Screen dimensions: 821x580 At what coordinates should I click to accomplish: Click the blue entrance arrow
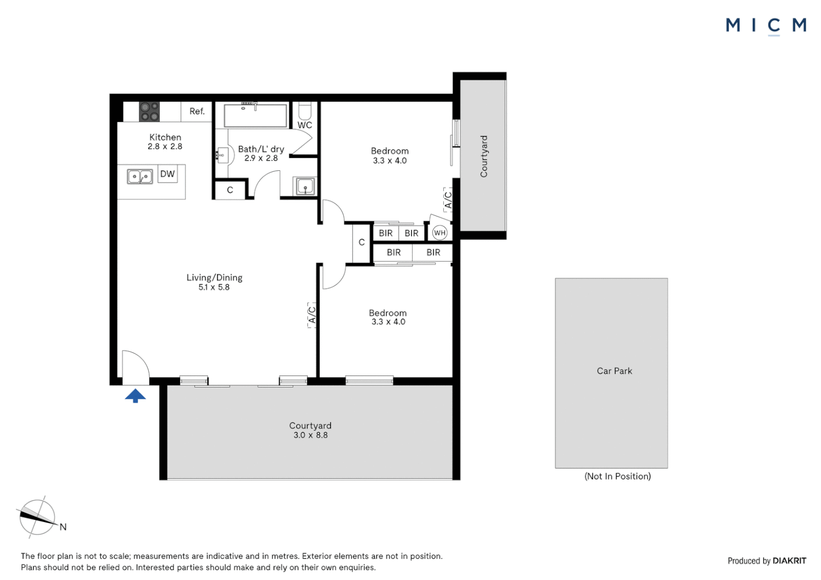click(135, 396)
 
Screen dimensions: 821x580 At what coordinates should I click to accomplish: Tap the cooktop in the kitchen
click(149, 111)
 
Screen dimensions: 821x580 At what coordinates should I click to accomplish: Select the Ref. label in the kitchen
click(197, 111)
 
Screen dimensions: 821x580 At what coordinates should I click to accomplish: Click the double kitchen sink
click(140, 176)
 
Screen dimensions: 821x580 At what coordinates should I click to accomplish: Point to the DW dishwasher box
click(168, 173)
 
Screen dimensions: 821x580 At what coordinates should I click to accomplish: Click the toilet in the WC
click(305, 110)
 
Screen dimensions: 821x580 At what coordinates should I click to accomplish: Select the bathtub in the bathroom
click(255, 116)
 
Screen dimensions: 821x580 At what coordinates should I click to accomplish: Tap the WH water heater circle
click(440, 233)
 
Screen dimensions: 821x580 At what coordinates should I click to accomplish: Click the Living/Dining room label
click(214, 278)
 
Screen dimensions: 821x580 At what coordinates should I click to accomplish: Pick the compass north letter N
click(63, 527)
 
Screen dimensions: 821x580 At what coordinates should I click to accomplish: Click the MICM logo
click(766, 26)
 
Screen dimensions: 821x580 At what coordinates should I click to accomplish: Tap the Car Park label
click(614, 371)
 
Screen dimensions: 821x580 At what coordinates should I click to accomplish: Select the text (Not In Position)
click(617, 476)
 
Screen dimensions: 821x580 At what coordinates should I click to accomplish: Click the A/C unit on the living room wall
click(312, 315)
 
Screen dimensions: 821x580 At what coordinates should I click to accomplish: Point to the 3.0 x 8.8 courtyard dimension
click(311, 436)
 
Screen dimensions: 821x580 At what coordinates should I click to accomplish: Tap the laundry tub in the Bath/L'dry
click(305, 186)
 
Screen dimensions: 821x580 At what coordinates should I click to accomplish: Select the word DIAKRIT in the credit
click(789, 561)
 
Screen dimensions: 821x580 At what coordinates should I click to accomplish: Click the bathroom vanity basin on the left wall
click(222, 155)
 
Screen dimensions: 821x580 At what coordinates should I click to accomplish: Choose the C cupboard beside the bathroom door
click(230, 190)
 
